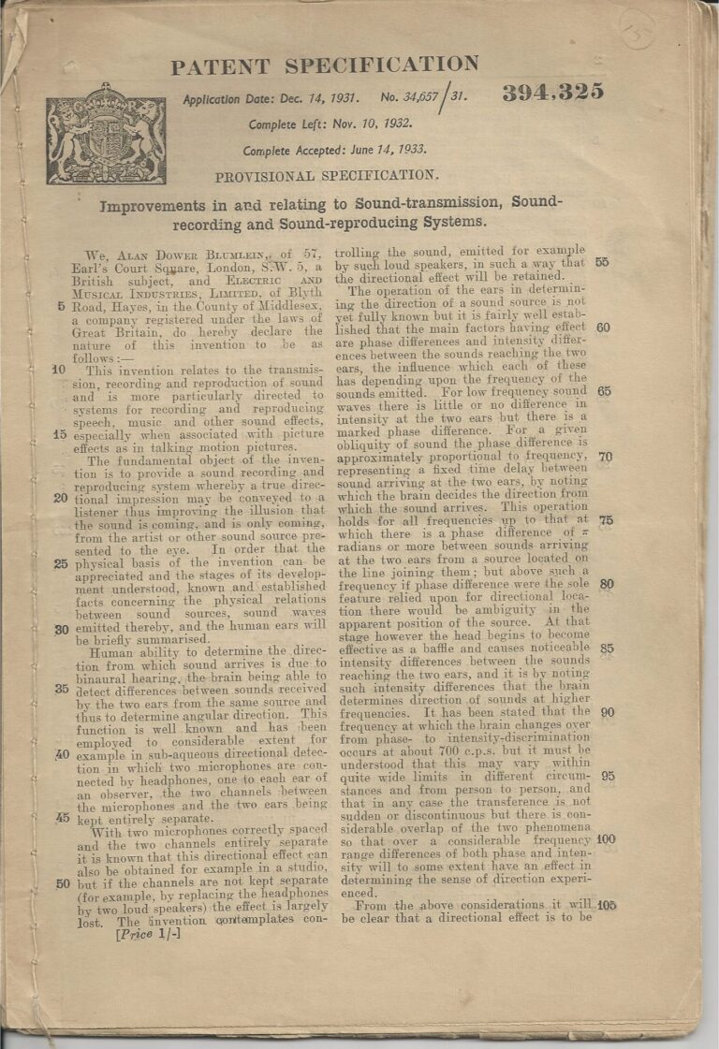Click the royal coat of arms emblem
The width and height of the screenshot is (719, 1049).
(x=106, y=135)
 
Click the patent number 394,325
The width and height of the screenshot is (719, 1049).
(x=552, y=92)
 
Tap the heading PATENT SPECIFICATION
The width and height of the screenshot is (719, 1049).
(x=324, y=66)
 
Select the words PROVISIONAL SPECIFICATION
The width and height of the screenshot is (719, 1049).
(x=326, y=175)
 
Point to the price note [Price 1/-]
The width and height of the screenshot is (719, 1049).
(x=148, y=933)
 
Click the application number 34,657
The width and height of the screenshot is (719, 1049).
(x=420, y=96)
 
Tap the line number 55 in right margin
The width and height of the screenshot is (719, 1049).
(x=602, y=263)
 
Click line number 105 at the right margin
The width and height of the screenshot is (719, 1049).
(x=606, y=905)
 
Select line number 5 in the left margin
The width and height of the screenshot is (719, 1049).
(x=61, y=306)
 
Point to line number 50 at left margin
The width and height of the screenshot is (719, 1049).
(x=62, y=882)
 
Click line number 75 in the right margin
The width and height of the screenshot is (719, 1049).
(x=605, y=520)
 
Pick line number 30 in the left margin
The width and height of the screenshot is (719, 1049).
(x=62, y=629)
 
